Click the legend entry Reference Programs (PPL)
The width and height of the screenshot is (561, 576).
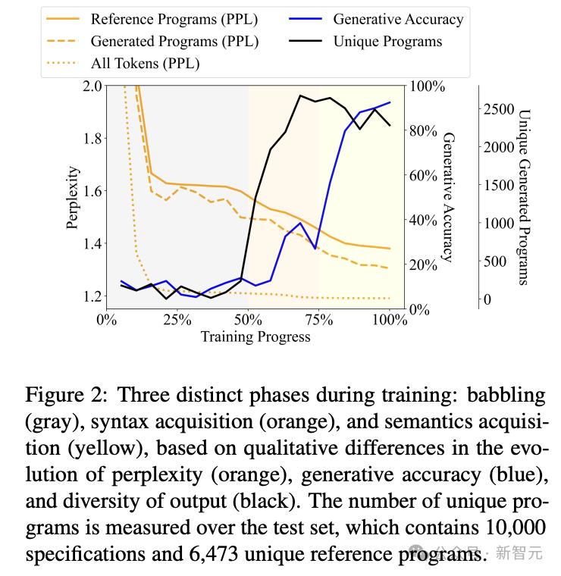(x=172, y=19)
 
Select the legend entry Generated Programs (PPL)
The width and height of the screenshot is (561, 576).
(x=174, y=41)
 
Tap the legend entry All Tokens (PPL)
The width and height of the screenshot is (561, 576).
(x=145, y=63)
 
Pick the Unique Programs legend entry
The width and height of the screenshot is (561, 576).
(x=387, y=41)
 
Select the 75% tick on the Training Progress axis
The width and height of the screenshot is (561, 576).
(x=319, y=320)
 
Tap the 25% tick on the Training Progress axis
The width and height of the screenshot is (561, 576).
(x=177, y=320)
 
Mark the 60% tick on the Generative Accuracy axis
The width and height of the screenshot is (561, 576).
(x=423, y=175)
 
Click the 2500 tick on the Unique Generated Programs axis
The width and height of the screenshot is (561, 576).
(x=498, y=109)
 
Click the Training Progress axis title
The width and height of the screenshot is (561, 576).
(x=255, y=337)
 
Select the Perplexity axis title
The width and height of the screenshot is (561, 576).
(x=73, y=196)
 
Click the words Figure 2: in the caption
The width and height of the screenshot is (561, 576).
(x=67, y=396)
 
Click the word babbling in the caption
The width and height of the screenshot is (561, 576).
(x=506, y=396)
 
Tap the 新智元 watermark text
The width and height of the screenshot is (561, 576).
(x=519, y=553)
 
